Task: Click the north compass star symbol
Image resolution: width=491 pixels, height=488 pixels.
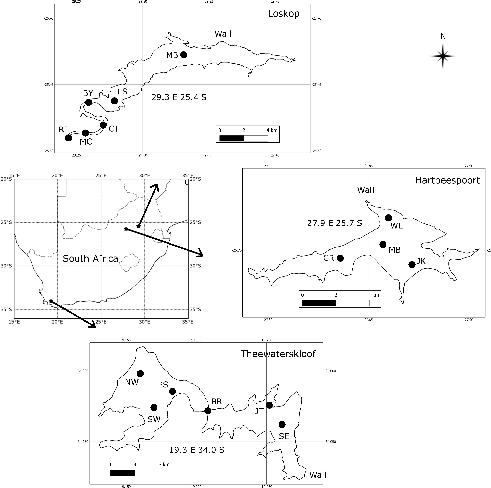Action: click(443, 56)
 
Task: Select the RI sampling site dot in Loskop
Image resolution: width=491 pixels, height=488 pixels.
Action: click(68, 138)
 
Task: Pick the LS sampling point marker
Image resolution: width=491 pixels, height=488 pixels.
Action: click(114, 101)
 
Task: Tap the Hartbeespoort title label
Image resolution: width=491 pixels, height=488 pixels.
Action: click(447, 180)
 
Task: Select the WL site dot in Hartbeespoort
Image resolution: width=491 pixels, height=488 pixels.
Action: click(388, 218)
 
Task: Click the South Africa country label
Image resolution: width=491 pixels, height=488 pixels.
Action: click(90, 259)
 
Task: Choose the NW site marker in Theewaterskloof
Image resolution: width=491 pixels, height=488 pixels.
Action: click(140, 374)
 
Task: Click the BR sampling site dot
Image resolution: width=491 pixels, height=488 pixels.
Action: click(208, 411)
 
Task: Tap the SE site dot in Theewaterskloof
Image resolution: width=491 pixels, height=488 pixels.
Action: click(282, 424)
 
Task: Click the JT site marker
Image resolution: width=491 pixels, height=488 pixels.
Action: click(269, 405)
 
